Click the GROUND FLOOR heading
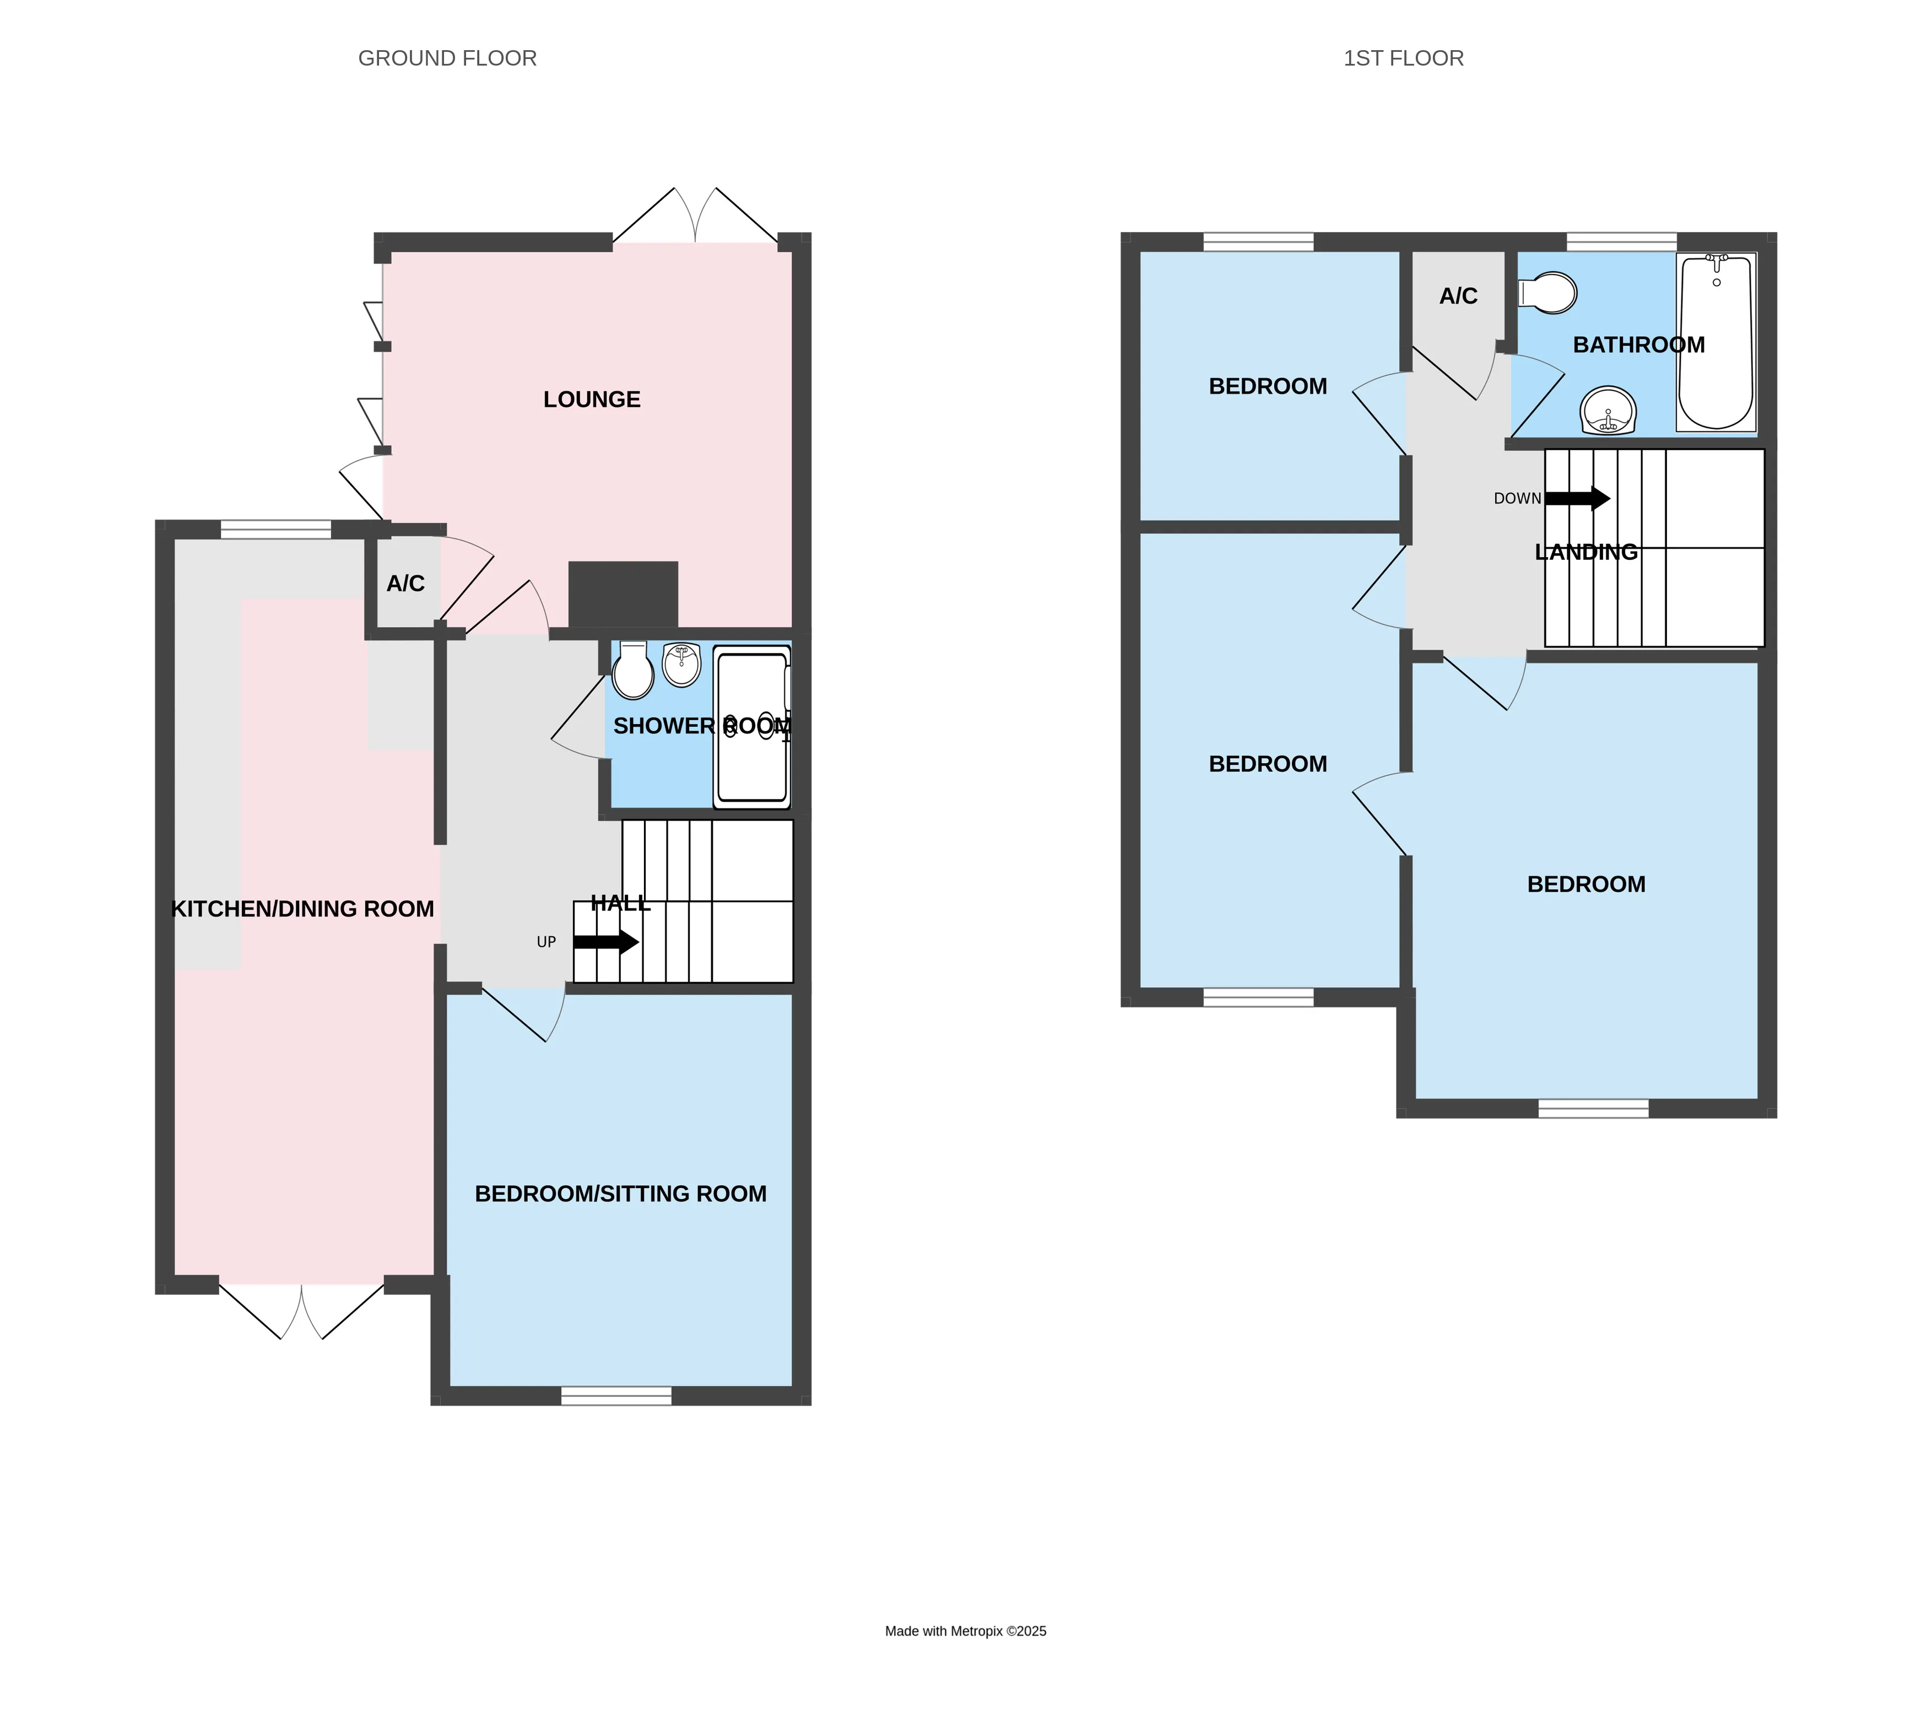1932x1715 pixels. point(447,58)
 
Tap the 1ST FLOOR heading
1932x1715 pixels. point(1404,58)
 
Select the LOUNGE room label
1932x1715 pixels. point(592,400)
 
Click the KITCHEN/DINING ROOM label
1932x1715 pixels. point(302,909)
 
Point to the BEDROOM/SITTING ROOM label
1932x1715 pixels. point(620,1194)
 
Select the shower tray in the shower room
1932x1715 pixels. point(751,727)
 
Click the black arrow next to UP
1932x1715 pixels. point(606,942)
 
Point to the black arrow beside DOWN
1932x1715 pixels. point(1578,498)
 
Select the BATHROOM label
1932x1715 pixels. point(1639,345)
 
